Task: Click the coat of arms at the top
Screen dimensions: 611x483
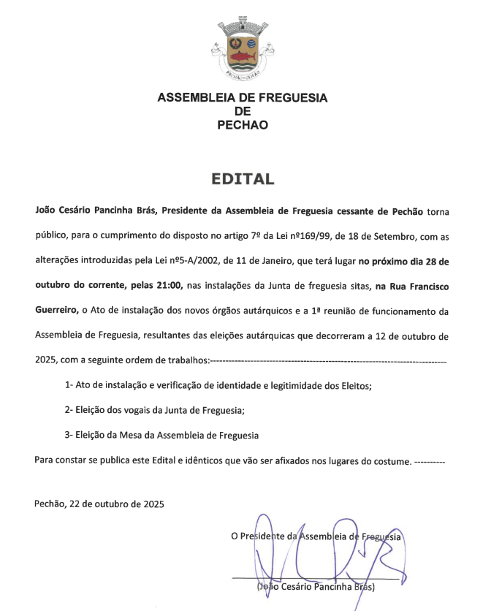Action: click(242, 49)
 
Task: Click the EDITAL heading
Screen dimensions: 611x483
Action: click(242, 179)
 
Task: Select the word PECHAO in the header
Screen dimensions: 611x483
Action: click(243, 125)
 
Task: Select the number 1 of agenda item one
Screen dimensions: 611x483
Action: click(68, 384)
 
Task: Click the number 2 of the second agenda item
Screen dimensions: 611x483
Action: click(68, 411)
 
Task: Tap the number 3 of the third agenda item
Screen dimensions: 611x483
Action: click(68, 436)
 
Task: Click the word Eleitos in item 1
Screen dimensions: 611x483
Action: click(354, 385)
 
